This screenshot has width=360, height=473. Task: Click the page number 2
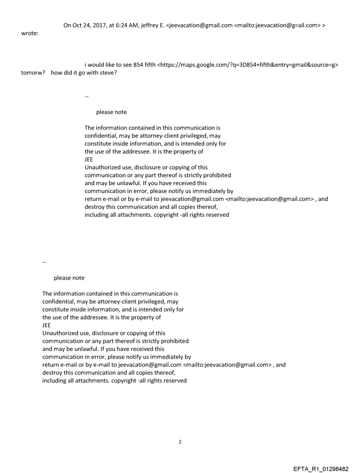click(x=180, y=442)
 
